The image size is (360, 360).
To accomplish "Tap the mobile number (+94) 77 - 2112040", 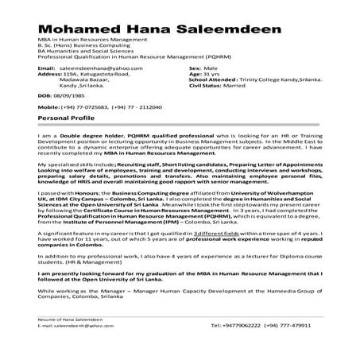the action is pyautogui.click(x=136, y=106).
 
